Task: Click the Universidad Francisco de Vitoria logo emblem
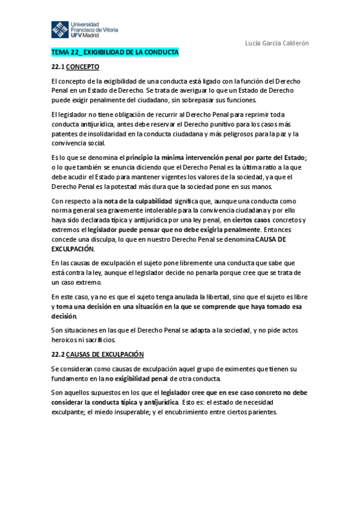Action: [60, 29]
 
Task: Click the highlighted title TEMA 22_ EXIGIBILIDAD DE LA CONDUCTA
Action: [115, 53]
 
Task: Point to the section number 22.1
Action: [58, 67]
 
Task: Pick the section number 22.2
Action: [58, 354]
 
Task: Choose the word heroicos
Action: [67, 339]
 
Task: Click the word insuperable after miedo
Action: [136, 412]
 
